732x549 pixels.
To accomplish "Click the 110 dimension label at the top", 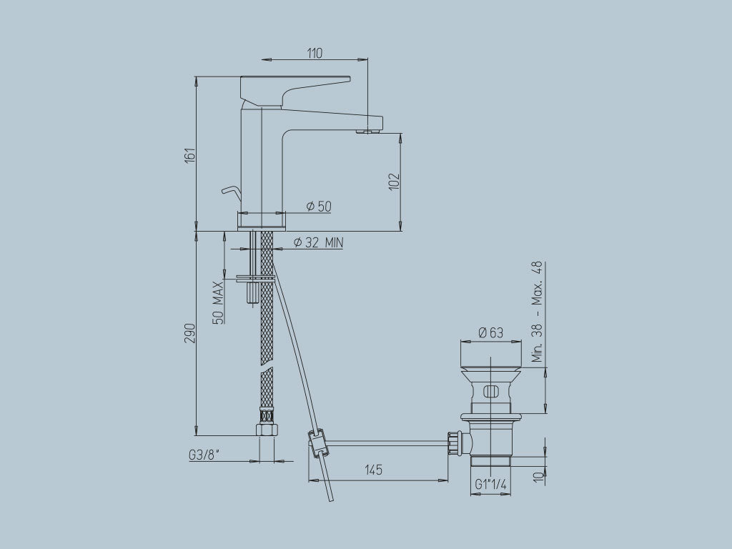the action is click(315, 53).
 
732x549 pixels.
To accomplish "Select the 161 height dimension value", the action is click(189, 155).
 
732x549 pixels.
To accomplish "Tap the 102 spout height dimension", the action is click(394, 181).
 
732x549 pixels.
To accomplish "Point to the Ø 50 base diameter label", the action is click(319, 206).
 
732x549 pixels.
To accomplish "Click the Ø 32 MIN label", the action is click(318, 242).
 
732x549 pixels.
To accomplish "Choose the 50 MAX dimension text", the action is click(218, 303).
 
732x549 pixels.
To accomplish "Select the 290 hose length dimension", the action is click(189, 333).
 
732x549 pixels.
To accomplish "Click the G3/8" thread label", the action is click(204, 455).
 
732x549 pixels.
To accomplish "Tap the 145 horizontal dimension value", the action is click(374, 469).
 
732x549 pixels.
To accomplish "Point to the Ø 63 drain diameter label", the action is click(490, 332).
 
